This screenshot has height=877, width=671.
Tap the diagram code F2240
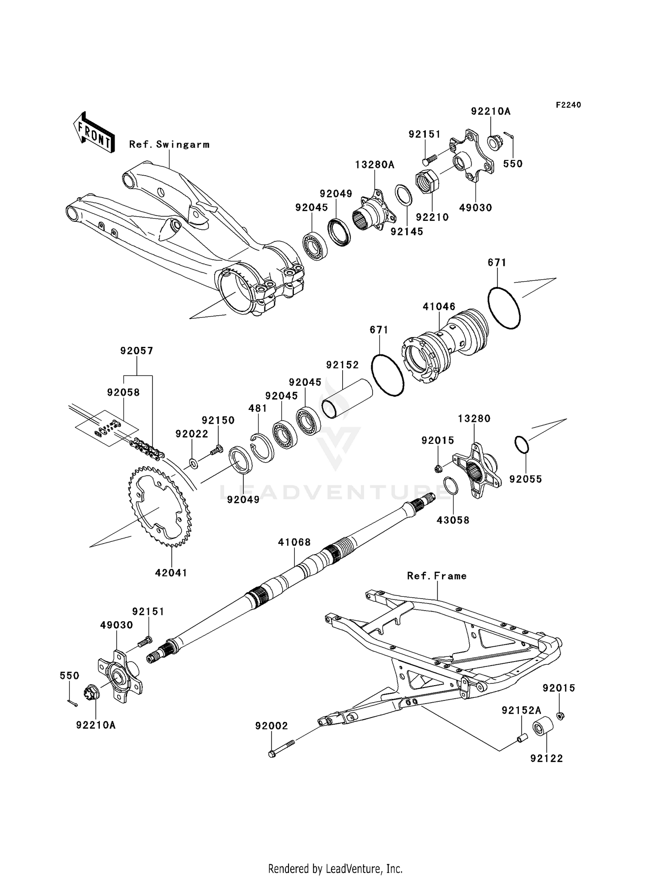point(568,105)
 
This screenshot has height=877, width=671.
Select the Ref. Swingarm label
point(169,144)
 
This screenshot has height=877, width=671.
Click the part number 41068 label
point(294,542)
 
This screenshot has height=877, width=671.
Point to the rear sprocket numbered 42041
point(160,506)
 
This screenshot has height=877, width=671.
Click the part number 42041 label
point(171,573)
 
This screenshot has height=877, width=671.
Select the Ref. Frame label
point(437,576)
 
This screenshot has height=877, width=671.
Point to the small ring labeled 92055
point(522,444)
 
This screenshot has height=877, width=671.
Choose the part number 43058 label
point(453,520)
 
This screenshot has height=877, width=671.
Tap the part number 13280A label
point(374,165)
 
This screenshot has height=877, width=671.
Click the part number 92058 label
point(123,392)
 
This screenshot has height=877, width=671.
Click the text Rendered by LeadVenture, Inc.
point(335,869)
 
